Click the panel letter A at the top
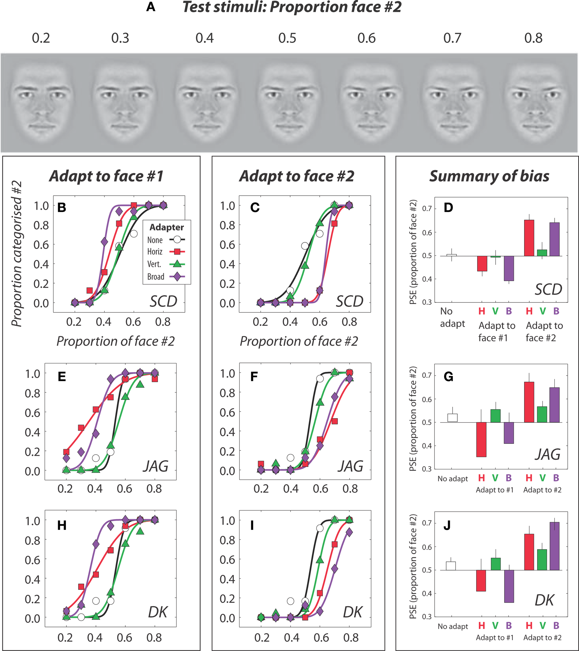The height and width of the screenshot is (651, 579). (151, 7)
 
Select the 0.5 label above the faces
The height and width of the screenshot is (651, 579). (287, 38)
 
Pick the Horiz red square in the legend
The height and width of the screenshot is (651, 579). (177, 252)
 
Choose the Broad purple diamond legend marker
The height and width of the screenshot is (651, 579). (177, 277)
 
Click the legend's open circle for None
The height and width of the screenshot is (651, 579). (177, 240)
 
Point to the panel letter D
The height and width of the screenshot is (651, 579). (448, 208)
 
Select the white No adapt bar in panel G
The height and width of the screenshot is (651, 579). (452, 417)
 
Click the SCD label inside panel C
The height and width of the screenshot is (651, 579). (349, 301)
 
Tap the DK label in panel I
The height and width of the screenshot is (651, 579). (353, 612)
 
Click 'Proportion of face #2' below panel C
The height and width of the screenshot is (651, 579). (299, 341)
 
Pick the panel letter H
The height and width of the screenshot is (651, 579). (62, 525)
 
